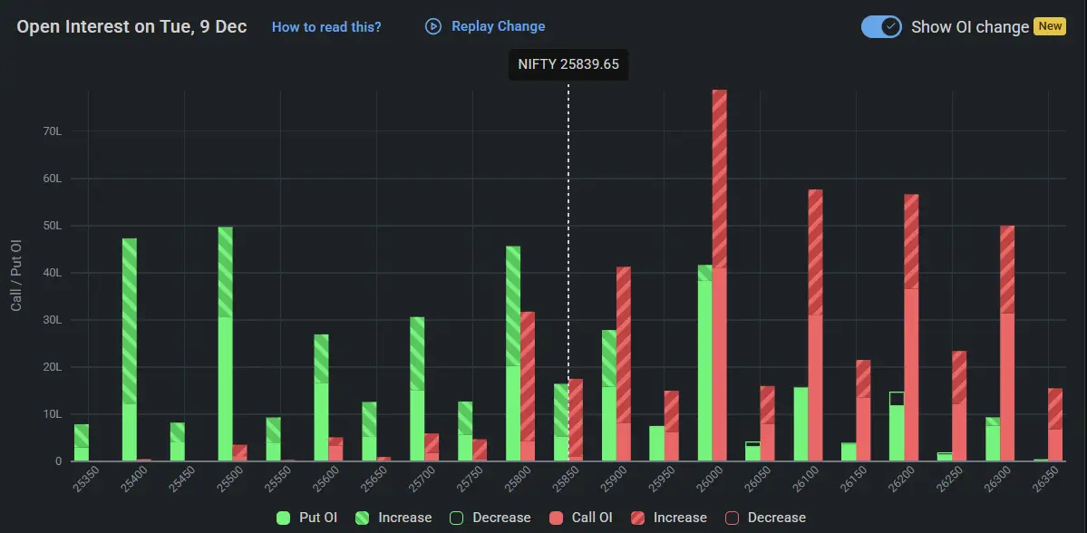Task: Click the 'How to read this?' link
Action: [x=326, y=27]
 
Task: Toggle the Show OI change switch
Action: [x=881, y=26]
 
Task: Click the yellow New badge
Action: [x=1050, y=26]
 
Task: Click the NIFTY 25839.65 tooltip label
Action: [x=568, y=64]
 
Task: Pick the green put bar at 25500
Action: [x=226, y=344]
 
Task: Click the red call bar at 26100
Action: [x=815, y=326]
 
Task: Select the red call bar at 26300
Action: [x=1007, y=344]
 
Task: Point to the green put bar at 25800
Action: [x=513, y=354]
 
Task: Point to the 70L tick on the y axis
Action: [x=53, y=131]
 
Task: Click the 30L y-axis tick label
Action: [x=53, y=320]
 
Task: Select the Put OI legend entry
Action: [x=307, y=518]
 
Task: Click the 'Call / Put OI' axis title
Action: [x=16, y=276]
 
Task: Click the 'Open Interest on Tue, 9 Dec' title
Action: [x=131, y=26]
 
